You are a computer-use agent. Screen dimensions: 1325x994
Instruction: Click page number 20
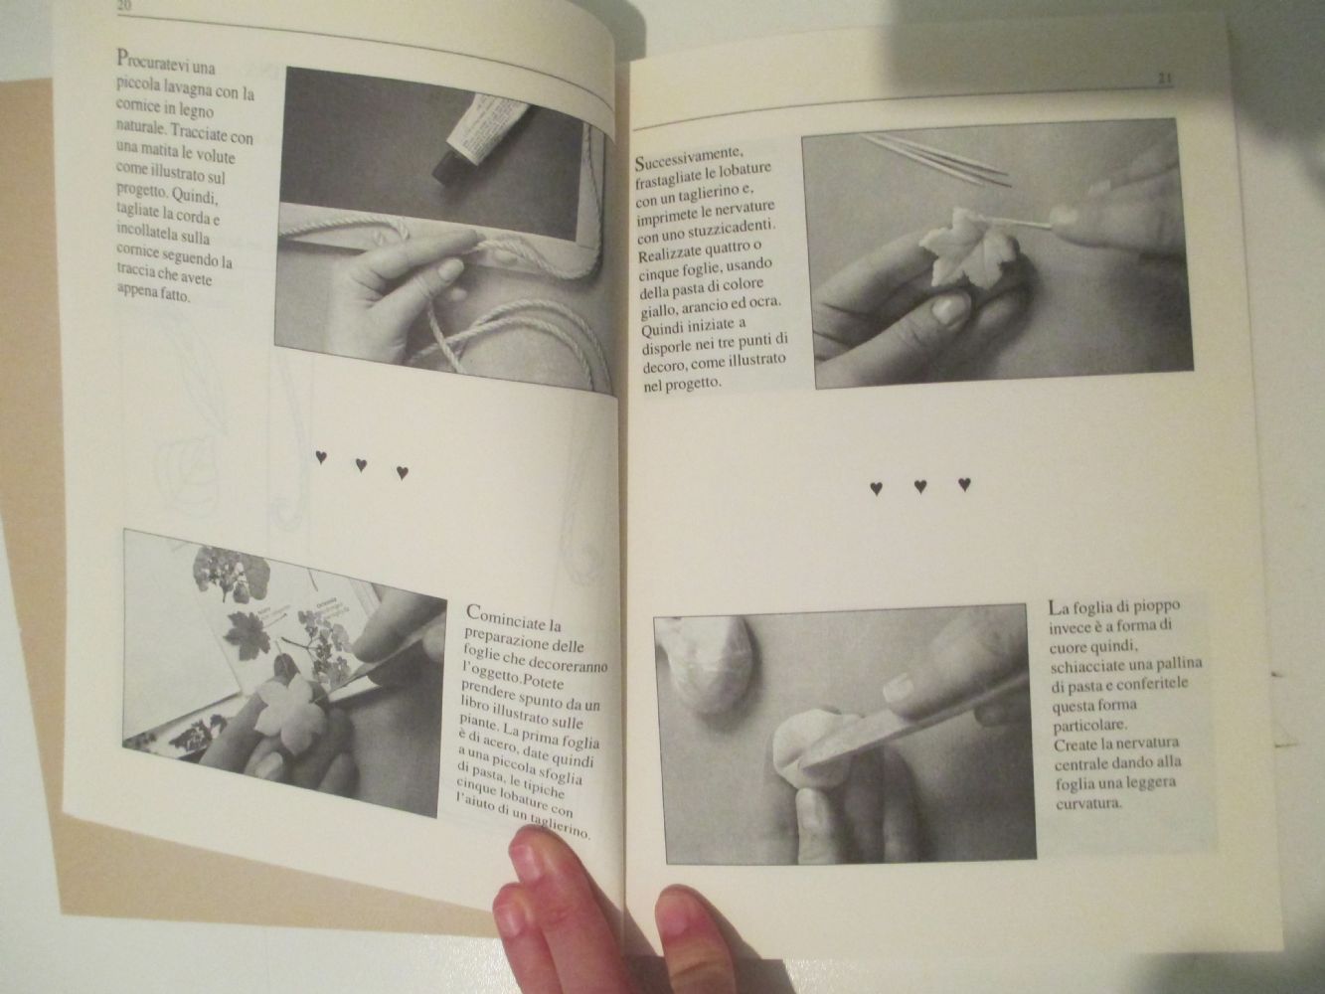pyautogui.click(x=125, y=6)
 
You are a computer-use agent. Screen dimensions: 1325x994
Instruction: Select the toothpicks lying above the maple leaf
pyautogui.click(x=934, y=160)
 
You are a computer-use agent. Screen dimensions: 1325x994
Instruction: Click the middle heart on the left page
pyautogui.click(x=361, y=465)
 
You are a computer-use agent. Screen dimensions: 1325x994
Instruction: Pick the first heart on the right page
pyautogui.click(x=876, y=488)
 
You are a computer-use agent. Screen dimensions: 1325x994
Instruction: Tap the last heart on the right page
pyautogui.click(x=964, y=483)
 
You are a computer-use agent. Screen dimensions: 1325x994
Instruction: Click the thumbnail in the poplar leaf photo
pyautogui.click(x=899, y=686)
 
